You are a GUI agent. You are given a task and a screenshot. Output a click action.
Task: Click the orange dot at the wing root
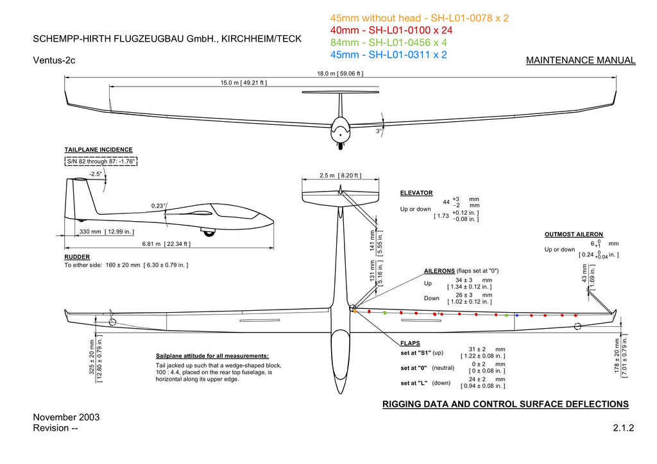coord(355,311)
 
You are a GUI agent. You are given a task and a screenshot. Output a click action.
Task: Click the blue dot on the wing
coord(517,315)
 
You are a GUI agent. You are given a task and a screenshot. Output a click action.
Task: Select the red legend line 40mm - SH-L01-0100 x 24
coord(391,30)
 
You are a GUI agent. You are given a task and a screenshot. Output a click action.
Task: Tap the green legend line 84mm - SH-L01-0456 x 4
coord(388,42)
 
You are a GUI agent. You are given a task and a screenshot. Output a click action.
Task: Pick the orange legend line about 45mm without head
coord(420,18)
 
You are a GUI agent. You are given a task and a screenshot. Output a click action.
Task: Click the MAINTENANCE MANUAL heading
coord(581,60)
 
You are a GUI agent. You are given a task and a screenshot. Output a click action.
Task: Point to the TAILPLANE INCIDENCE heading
coord(98,150)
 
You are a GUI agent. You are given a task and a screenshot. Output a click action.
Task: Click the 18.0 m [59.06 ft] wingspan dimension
coord(340,74)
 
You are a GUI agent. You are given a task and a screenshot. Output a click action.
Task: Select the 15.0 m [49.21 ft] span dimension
coord(243,83)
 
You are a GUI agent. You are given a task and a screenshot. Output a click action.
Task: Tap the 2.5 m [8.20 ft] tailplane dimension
coord(340,176)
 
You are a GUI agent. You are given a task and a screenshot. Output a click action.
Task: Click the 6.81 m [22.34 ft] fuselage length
coord(166,244)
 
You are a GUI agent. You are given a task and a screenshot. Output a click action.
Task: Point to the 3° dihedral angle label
coord(379,131)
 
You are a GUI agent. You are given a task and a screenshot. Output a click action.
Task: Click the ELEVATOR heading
coord(416,193)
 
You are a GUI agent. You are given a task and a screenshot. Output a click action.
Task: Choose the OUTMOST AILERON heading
coord(574,235)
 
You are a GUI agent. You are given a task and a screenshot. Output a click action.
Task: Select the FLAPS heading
coord(410,343)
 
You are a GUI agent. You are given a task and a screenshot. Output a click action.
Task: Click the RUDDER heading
coord(77,257)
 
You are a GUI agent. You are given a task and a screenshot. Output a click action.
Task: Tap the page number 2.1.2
coord(624,427)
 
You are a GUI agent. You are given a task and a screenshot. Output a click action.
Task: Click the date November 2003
coord(66,417)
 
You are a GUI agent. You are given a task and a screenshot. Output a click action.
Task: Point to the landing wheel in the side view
coord(209,232)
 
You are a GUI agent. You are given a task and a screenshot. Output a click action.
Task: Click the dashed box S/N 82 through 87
coord(101,161)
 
